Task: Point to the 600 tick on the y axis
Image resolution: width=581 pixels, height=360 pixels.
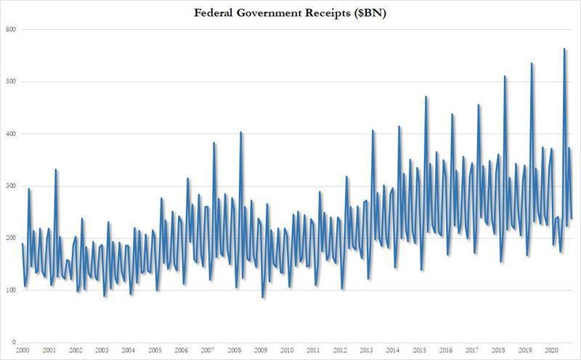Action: pos(12,30)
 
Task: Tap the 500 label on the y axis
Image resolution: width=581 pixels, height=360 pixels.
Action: pos(12,81)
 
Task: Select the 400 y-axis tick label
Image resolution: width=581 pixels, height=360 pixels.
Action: pos(12,134)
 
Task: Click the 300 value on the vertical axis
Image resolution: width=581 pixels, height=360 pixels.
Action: pos(12,186)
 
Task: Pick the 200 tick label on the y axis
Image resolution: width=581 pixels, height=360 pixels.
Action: pos(12,238)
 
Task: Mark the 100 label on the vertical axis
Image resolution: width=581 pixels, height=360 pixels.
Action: pos(12,290)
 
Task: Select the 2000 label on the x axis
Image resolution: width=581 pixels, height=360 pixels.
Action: pos(23,351)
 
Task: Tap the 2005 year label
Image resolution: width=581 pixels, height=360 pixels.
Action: pos(155,351)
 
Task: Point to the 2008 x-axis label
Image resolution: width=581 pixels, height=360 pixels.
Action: pos(234,351)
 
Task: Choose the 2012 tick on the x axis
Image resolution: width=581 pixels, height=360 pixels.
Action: pos(339,351)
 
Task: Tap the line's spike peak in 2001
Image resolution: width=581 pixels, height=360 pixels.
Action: pos(56,170)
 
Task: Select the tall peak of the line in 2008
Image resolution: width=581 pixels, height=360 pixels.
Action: pos(241,132)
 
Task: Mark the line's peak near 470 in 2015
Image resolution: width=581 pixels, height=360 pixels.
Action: pos(426,97)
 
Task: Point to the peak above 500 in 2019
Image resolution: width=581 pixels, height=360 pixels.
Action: pos(532,64)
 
